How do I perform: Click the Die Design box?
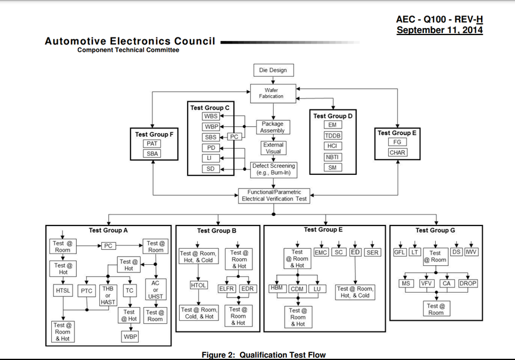(x=273, y=70)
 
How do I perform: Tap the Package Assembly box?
(x=272, y=127)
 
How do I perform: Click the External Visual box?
(x=273, y=148)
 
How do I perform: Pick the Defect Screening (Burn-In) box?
(x=273, y=170)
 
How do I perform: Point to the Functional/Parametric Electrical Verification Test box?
(x=274, y=196)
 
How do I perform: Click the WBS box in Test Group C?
(x=211, y=117)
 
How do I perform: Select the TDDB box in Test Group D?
(x=333, y=136)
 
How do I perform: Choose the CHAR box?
(x=397, y=153)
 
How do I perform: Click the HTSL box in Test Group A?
(x=63, y=291)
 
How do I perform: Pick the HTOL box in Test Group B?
(x=198, y=286)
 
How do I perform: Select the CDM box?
(x=297, y=290)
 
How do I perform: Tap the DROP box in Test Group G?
(x=468, y=284)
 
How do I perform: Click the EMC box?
(x=321, y=252)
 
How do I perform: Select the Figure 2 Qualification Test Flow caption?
(x=264, y=355)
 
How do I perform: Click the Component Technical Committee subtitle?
(x=128, y=51)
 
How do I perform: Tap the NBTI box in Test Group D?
(x=333, y=157)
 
